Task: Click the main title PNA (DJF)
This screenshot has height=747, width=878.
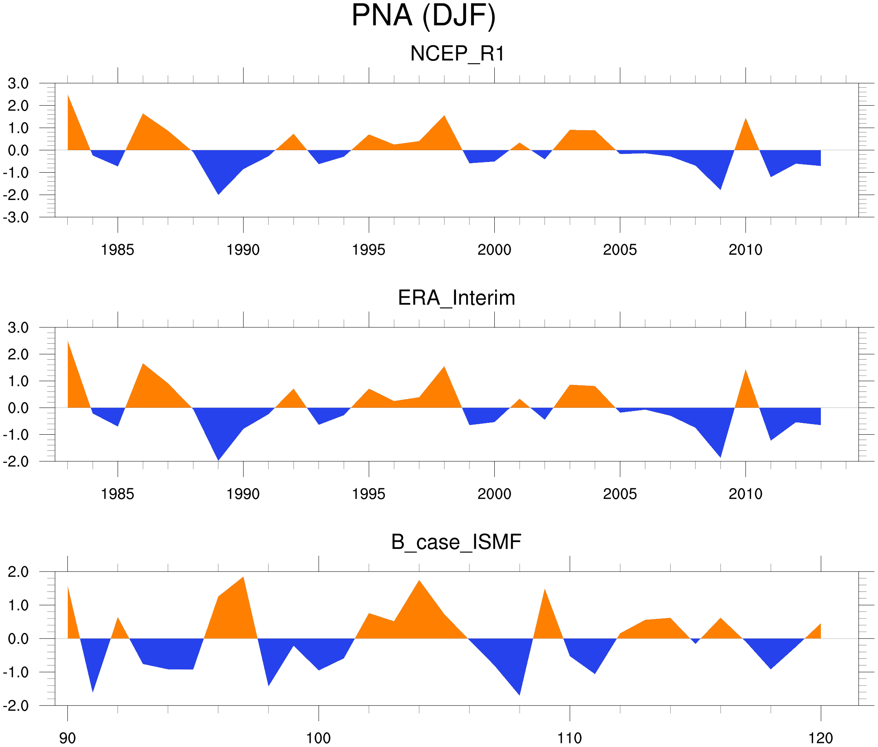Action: (423, 16)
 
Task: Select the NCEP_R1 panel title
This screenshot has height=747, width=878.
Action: (457, 54)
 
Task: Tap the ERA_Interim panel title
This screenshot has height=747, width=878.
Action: (456, 298)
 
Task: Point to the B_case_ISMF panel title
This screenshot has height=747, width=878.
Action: (456, 542)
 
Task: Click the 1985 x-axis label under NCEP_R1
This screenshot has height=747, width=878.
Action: (117, 250)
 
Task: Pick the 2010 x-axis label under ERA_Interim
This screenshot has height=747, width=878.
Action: (745, 494)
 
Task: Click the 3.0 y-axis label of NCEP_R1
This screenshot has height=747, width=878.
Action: (18, 83)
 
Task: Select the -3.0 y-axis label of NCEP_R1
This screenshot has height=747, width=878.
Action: (16, 218)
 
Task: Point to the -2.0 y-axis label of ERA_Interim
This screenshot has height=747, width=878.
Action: (16, 462)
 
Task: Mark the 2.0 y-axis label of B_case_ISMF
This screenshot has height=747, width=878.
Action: (18, 572)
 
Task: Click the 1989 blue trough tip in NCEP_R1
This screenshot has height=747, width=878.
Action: (218, 194)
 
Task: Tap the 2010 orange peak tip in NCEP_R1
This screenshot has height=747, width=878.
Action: (745, 119)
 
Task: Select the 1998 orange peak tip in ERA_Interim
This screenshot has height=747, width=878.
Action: (444, 367)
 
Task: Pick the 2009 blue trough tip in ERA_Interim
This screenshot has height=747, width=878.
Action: (720, 457)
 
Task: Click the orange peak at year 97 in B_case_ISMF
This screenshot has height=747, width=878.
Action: (243, 578)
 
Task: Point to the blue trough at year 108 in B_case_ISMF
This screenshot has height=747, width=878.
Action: (520, 694)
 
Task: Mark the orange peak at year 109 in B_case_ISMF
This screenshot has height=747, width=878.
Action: (545, 590)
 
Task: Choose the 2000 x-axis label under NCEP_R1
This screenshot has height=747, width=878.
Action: (494, 250)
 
